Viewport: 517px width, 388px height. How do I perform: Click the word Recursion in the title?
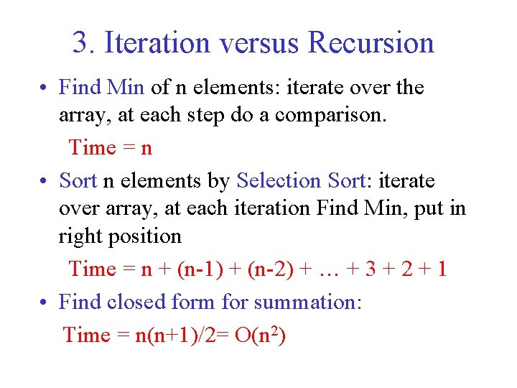tap(371, 43)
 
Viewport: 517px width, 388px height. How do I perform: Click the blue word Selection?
tap(279, 180)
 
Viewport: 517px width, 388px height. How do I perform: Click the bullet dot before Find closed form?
tap(45, 302)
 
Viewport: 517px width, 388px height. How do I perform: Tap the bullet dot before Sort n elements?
tap(45, 181)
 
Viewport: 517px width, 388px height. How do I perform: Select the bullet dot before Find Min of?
tap(45, 88)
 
